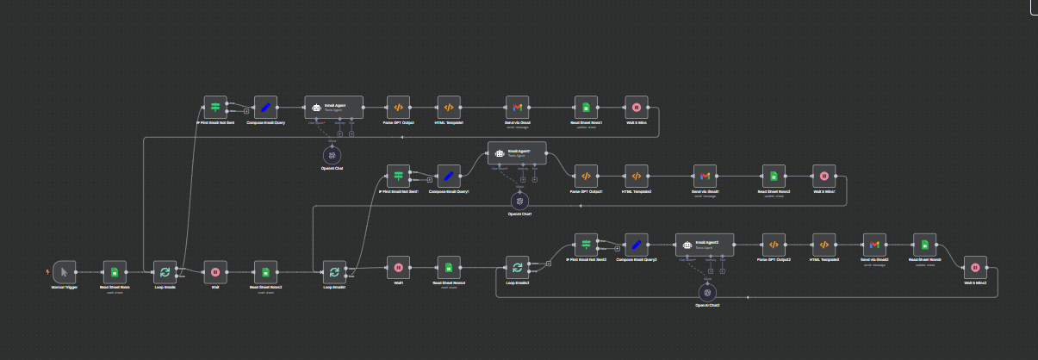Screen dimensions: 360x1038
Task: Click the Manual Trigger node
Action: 65,272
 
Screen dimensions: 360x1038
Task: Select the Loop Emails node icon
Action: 165,272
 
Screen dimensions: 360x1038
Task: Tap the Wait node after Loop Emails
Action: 215,272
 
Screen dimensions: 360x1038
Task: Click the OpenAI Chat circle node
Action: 333,155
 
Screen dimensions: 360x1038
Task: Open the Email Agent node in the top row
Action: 334,108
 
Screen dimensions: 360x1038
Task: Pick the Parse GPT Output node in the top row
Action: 398,108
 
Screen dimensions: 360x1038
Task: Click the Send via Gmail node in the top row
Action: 517,108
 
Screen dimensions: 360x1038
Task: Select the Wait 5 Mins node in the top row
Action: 636,108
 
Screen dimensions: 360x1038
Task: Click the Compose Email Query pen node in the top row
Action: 266,108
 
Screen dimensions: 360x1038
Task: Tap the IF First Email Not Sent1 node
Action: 398,176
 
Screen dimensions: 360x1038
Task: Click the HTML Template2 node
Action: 637,176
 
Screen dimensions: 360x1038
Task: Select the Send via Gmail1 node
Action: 705,176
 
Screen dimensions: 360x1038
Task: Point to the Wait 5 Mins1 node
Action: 824,176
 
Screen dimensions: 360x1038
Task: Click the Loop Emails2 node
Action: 517,268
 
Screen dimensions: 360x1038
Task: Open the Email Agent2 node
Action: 704,245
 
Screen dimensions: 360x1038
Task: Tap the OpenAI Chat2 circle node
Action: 707,292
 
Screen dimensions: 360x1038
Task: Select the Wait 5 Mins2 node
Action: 975,268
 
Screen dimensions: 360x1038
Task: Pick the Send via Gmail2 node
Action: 874,245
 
